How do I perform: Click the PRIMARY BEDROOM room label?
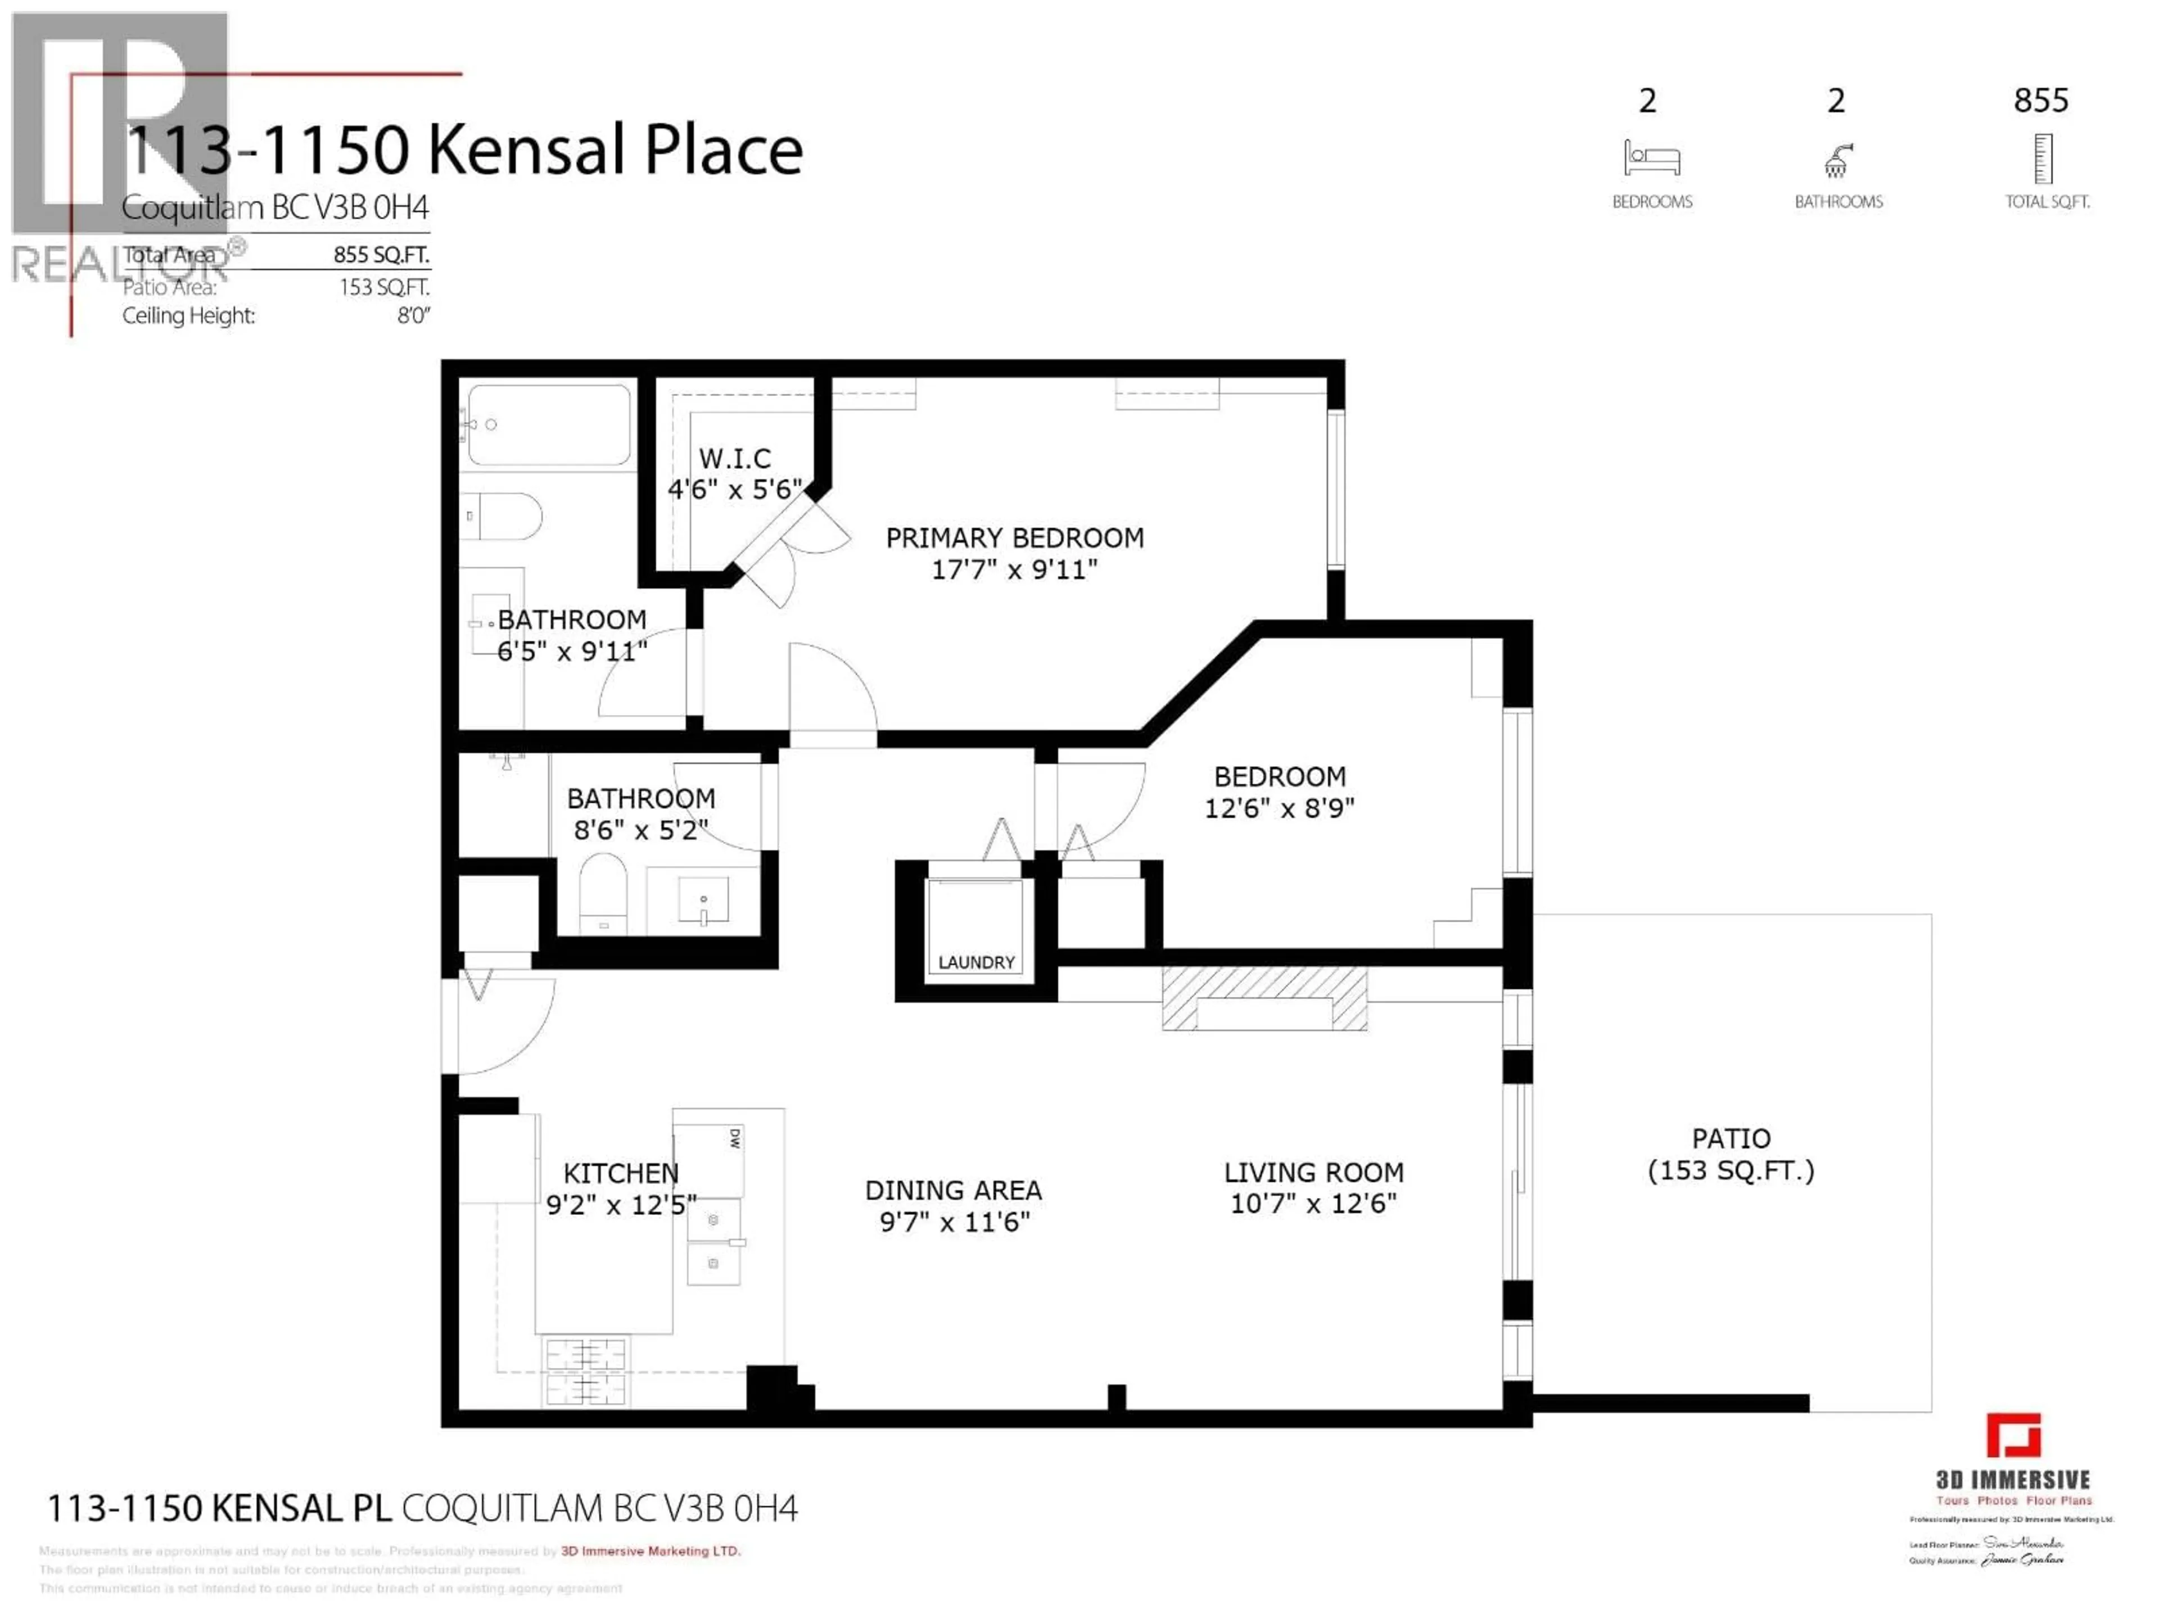(x=1014, y=538)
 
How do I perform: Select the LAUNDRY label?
(x=976, y=962)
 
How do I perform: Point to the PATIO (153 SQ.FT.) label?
(x=1731, y=1154)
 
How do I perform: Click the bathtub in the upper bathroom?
(x=549, y=424)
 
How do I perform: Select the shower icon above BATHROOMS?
(x=1838, y=161)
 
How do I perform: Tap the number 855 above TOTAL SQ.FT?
(x=2041, y=101)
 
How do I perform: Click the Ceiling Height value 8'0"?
(x=413, y=316)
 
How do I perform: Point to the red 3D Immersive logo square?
(x=2013, y=1436)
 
